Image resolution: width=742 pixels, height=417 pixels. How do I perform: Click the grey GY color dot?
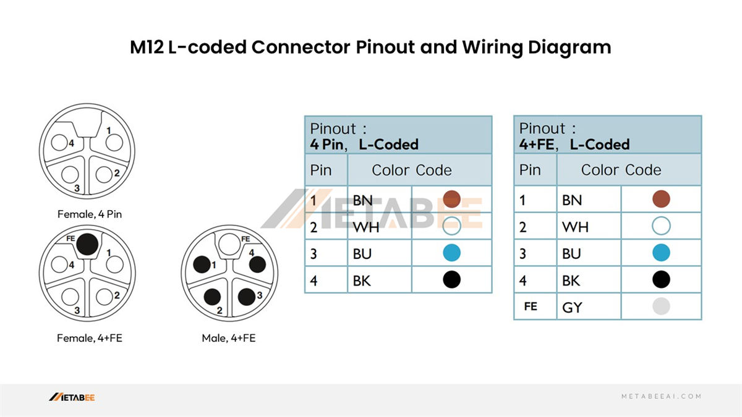tap(661, 306)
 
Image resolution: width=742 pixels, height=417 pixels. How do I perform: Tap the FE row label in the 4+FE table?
tap(530, 306)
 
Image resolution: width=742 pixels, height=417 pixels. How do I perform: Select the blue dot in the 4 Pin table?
tap(452, 253)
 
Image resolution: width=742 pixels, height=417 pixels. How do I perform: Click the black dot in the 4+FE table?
tap(661, 280)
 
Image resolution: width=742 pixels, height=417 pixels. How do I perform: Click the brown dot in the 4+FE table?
tap(661, 199)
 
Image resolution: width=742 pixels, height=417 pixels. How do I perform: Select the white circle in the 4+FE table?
tap(661, 226)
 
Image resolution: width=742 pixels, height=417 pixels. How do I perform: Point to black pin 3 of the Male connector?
tap(245, 295)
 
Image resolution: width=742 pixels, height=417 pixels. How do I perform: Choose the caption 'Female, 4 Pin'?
tap(89, 215)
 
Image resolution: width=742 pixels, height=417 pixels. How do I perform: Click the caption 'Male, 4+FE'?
tap(228, 338)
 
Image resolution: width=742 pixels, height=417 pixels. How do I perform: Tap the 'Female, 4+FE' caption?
tap(89, 338)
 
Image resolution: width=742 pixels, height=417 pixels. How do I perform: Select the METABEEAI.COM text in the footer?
tap(661, 397)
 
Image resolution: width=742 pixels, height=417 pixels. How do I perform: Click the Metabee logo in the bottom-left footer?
tap(72, 397)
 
